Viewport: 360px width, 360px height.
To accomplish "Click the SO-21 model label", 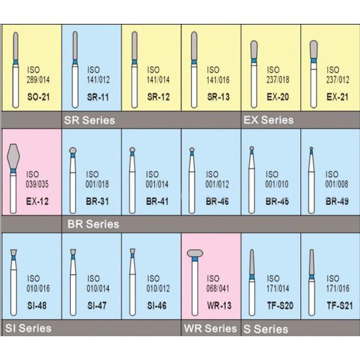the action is coord(38,97).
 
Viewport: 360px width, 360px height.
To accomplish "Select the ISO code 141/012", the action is coord(98,80).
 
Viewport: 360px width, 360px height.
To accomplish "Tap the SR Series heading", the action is coord(89,120).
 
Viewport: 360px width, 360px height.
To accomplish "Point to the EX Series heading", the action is coord(268,120).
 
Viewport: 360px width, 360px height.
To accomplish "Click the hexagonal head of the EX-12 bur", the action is coord(13,157).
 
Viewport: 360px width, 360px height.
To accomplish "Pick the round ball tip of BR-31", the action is coord(73,150).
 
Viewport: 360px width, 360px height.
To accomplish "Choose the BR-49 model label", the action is coord(337,201).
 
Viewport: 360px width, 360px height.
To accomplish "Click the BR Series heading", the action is coord(93,224).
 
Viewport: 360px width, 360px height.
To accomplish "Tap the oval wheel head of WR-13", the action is coord(195,253).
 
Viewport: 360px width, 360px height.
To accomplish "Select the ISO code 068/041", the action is coord(218,289).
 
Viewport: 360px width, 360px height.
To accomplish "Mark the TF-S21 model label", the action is coord(340,305).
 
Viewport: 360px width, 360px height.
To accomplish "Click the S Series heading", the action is coord(265,329).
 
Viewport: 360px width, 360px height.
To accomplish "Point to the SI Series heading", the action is coord(28,328).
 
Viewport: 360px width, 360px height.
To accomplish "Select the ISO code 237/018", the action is coord(278,80).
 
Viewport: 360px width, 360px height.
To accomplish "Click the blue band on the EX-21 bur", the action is coord(314,60).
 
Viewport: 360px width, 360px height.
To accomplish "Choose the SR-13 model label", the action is coord(218,97).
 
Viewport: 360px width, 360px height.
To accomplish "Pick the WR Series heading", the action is coord(210,329).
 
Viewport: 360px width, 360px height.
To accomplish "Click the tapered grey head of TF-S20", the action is coord(252,262).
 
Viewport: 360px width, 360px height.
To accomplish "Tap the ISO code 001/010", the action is coord(277,184).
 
